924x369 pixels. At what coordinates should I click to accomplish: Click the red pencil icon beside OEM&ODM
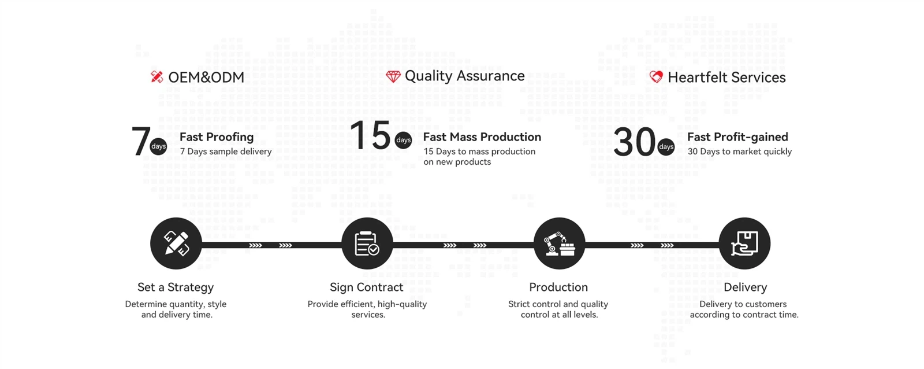click(157, 77)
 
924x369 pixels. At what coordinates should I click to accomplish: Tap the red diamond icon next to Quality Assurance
click(393, 76)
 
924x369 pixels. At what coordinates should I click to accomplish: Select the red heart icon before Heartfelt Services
click(656, 76)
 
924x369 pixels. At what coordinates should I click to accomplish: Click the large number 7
click(141, 142)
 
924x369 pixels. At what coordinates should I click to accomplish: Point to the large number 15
click(370, 135)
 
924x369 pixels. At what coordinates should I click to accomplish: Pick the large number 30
click(635, 142)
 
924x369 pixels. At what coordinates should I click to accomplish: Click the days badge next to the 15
click(403, 140)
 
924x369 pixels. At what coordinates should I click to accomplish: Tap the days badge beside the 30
click(666, 147)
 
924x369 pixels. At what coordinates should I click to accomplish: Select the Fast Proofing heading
click(217, 136)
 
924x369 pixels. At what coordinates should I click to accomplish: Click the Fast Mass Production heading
click(482, 136)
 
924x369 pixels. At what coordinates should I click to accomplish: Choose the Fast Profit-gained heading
click(737, 136)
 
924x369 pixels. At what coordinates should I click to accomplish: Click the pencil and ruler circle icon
click(176, 243)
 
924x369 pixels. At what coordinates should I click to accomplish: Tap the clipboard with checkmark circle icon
click(367, 243)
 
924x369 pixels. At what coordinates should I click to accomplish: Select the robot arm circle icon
click(560, 243)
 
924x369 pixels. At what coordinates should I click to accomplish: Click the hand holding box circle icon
click(744, 243)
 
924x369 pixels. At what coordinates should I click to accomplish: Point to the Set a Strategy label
click(176, 287)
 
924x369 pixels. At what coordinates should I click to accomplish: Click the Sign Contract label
click(366, 287)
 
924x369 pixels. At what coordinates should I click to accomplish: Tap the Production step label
click(558, 287)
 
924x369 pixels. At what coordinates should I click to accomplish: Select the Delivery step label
click(746, 287)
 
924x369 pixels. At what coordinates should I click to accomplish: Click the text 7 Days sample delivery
click(226, 152)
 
